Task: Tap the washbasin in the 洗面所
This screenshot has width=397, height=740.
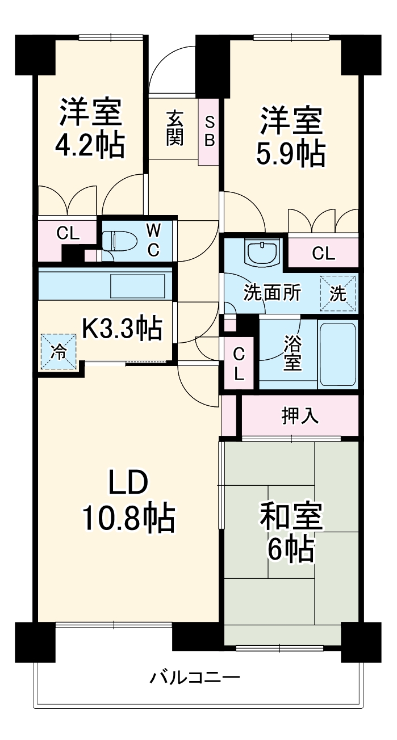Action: (x=262, y=251)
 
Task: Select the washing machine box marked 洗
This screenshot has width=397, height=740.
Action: (x=337, y=293)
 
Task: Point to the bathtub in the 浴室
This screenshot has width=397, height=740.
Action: (x=337, y=355)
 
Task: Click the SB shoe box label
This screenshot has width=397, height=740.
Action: (x=210, y=132)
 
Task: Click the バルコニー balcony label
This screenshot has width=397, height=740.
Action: (x=195, y=677)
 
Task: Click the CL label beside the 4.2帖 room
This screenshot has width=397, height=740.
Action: (x=68, y=233)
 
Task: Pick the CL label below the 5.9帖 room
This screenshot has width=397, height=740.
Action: (x=323, y=254)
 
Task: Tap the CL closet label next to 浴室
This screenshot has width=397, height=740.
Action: (x=239, y=364)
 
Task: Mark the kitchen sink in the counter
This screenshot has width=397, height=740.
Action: (x=137, y=285)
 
